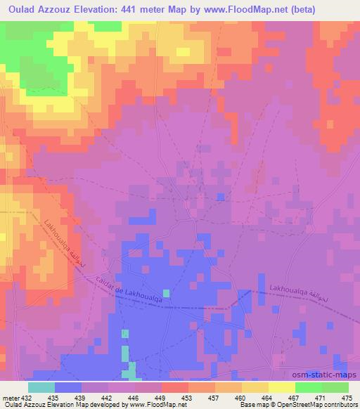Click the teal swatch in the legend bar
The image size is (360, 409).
[41, 387]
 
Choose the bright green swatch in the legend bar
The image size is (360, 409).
[309, 387]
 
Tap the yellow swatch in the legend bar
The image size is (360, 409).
[282, 387]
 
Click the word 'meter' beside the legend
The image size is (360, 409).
[10, 397]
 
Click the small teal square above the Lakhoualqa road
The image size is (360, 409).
[166, 292]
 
